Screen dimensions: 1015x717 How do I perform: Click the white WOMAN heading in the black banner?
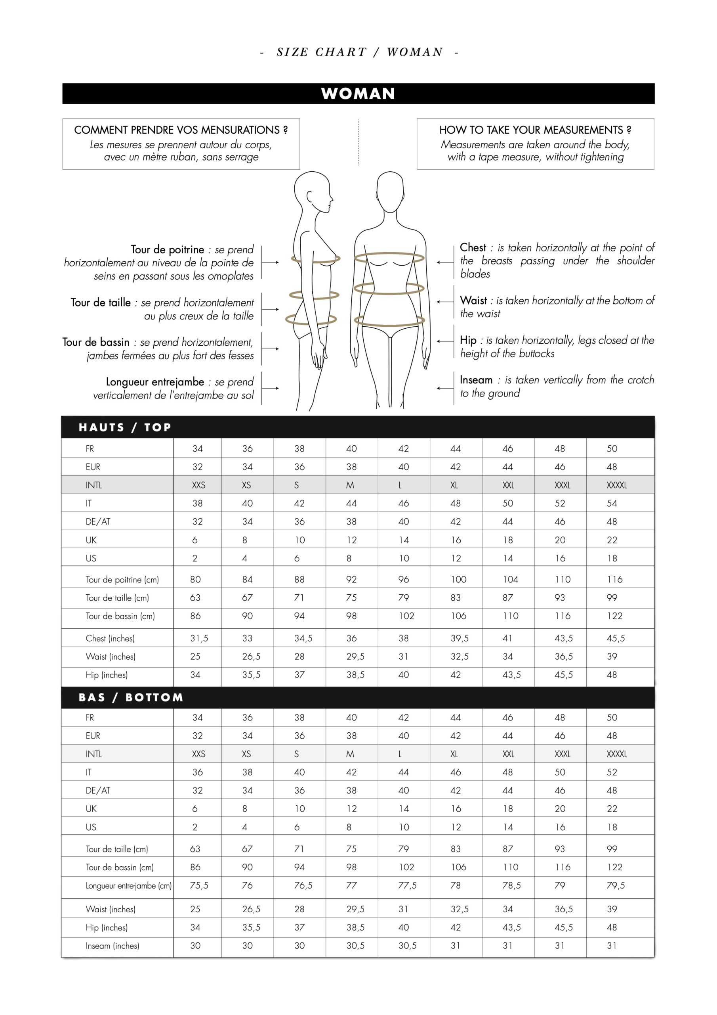pyautogui.click(x=358, y=94)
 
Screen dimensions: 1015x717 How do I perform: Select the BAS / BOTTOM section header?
pyautogui.click(x=131, y=697)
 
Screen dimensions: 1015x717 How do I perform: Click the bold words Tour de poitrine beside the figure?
pyautogui.click(x=168, y=249)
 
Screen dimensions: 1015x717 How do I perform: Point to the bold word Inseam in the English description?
pyautogui.click(x=476, y=380)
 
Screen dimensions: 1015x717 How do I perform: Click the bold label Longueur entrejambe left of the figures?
pyautogui.click(x=154, y=381)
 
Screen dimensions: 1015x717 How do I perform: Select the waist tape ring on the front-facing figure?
pyautogui.click(x=389, y=288)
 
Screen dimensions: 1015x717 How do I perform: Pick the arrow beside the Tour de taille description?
pyautogui.click(x=271, y=309)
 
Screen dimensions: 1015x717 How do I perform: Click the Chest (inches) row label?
pyautogui.click(x=110, y=638)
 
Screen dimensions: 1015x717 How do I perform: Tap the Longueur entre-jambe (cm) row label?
pyautogui.click(x=129, y=885)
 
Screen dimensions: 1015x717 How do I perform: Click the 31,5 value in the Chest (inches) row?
pyautogui.click(x=199, y=638)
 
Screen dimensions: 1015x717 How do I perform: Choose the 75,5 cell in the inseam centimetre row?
pyautogui.click(x=199, y=885)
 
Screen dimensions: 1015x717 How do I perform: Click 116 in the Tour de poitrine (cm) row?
pyautogui.click(x=614, y=579)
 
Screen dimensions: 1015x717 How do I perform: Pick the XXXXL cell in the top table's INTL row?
pyautogui.click(x=616, y=485)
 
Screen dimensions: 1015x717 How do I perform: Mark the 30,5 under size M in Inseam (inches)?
pyautogui.click(x=355, y=946)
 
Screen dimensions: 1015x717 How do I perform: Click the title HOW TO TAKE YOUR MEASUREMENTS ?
pyautogui.click(x=535, y=130)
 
